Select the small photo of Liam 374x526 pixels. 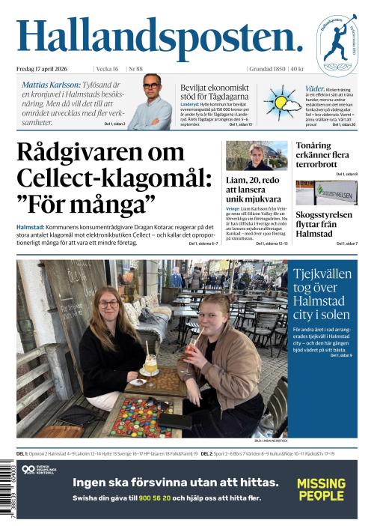(x=256, y=156)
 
